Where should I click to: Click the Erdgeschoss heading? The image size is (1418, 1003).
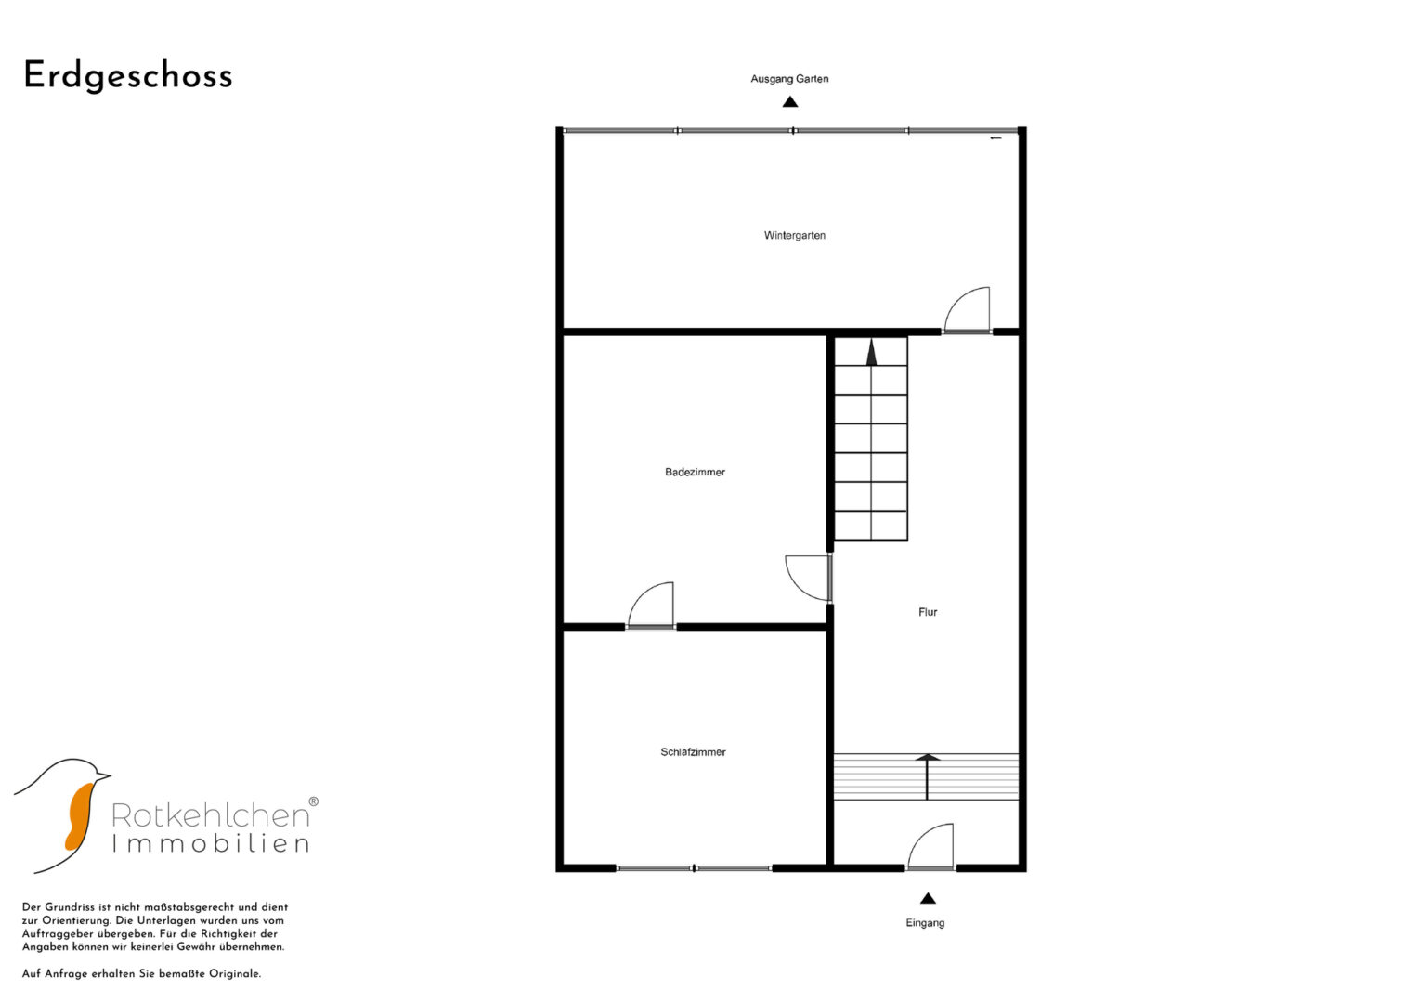click(x=128, y=76)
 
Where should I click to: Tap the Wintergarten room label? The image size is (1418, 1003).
click(x=795, y=236)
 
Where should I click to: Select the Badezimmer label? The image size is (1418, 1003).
click(x=696, y=472)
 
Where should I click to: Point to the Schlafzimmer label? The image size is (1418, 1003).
click(x=693, y=752)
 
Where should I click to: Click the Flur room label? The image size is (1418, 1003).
click(x=928, y=612)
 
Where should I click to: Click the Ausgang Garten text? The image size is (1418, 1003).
click(x=789, y=79)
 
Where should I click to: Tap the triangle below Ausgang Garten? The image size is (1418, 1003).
click(x=789, y=101)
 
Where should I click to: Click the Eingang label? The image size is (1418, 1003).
click(x=925, y=922)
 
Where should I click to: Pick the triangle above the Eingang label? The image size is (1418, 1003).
click(x=928, y=898)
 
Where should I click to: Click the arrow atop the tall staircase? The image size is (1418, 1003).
click(x=872, y=352)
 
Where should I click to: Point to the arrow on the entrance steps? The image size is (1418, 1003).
click(x=928, y=776)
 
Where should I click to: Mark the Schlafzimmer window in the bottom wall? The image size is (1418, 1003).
click(x=694, y=868)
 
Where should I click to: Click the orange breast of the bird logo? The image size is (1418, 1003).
click(x=80, y=815)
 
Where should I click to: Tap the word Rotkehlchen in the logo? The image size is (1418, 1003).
click(x=211, y=815)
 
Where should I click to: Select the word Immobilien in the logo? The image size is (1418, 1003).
click(x=211, y=843)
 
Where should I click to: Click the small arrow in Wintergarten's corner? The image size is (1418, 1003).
click(x=995, y=138)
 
